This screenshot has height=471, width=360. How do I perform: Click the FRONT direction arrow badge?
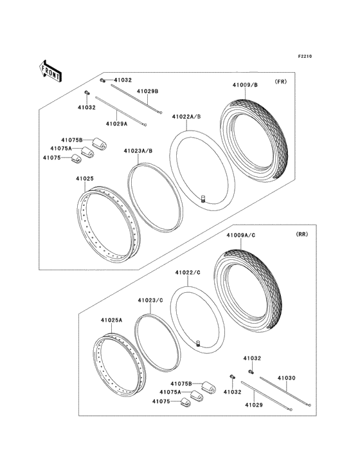(x=51, y=70)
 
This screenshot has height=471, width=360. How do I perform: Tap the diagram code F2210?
(x=304, y=57)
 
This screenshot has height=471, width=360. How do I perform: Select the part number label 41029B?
(x=147, y=91)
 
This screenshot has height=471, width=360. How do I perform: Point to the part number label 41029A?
(x=117, y=123)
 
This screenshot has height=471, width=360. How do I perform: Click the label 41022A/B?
(x=186, y=116)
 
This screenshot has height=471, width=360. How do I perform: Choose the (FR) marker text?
(x=280, y=82)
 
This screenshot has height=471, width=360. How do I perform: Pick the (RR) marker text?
(x=301, y=235)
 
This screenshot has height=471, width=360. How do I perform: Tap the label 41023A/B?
(x=138, y=151)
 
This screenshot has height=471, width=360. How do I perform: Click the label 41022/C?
(x=189, y=273)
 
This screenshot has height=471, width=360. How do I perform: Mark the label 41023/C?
(x=150, y=300)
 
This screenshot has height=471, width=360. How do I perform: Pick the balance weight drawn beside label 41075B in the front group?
(x=98, y=143)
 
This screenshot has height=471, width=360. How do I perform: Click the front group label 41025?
(x=85, y=178)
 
